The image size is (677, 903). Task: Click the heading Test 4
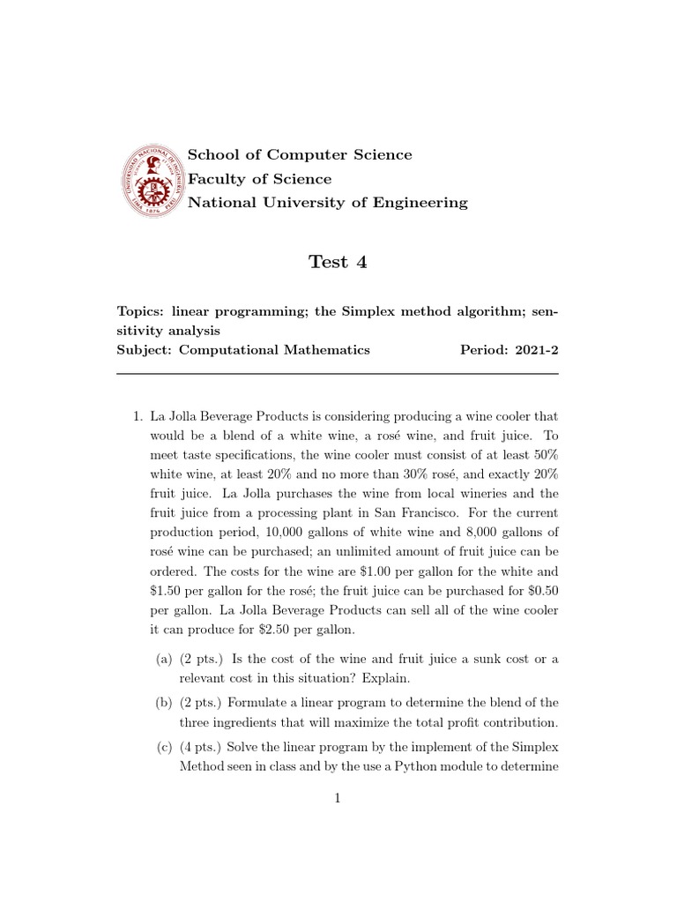338,261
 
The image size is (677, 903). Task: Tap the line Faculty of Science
260,179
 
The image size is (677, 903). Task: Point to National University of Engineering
328,203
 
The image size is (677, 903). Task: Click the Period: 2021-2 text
510,350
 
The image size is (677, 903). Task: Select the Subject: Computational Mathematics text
244,350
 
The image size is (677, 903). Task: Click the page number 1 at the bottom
338,799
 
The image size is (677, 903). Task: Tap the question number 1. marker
137,415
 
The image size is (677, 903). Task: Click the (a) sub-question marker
164,660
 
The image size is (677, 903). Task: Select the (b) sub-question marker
164,703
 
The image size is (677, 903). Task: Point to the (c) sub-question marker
164,746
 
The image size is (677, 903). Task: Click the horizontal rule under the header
338,374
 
